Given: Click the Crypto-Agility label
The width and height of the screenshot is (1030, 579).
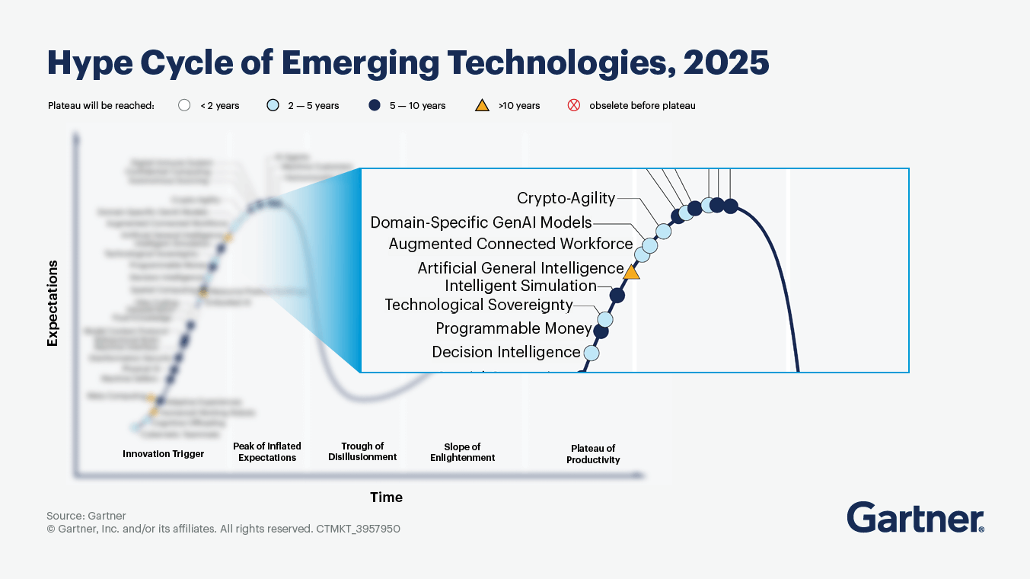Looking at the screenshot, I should (566, 198).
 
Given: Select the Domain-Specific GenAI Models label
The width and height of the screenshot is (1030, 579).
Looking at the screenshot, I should (480, 222).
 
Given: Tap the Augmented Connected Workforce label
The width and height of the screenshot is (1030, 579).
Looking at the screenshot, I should (510, 244).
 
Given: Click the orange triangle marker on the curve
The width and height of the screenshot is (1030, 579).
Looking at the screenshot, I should (631, 271).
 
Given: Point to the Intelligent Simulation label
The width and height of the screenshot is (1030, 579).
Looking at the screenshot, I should (520, 286).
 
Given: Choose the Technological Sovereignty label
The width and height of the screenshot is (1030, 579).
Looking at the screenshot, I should (478, 305).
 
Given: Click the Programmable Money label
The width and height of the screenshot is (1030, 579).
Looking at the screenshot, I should (513, 328).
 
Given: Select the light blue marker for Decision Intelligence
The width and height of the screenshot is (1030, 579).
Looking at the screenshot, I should (591, 353).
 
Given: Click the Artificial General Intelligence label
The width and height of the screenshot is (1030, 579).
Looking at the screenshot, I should (520, 268).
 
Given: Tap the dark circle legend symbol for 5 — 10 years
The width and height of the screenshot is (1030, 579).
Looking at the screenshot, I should (374, 106).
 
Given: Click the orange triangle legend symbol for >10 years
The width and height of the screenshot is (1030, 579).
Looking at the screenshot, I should (482, 106).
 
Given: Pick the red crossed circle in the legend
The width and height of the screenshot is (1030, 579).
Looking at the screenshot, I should (574, 106).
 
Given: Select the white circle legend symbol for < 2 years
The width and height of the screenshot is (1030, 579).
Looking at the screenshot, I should (183, 106).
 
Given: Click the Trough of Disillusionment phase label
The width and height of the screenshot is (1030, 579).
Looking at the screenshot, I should (362, 452).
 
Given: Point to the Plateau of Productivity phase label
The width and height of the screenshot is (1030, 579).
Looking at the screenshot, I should (593, 454).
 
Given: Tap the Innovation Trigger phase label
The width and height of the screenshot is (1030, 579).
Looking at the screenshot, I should (163, 454).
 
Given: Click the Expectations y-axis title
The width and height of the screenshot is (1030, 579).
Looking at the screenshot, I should (53, 303).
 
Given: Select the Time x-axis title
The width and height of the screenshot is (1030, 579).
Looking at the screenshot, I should (386, 497).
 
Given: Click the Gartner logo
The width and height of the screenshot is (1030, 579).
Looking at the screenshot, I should (915, 517).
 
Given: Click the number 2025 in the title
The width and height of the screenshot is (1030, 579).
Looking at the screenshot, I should (726, 63).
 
